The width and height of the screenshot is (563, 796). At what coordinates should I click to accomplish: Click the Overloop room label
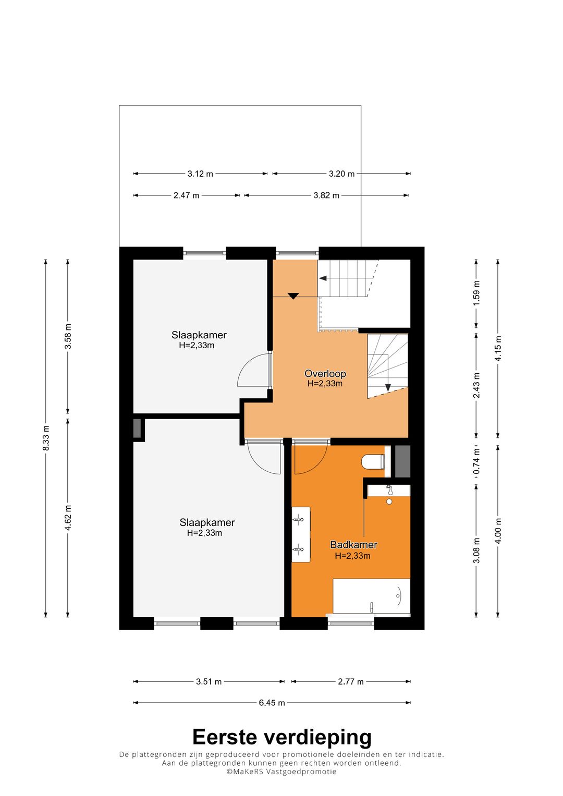(325, 373)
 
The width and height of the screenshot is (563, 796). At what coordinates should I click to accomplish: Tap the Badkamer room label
(353, 544)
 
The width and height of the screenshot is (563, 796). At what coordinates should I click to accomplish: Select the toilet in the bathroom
(373, 462)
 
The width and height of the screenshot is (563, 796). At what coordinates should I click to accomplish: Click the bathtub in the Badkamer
(371, 596)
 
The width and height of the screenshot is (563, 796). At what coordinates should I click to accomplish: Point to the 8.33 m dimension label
(46, 438)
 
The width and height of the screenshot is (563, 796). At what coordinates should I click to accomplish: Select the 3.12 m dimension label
(200, 174)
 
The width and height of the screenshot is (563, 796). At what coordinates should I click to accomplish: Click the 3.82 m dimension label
(326, 195)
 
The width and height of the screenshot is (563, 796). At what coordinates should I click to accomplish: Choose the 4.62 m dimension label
(68, 517)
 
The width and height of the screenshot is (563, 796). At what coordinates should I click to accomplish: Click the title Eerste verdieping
(282, 736)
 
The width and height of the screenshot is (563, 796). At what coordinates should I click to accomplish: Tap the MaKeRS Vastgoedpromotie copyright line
(281, 771)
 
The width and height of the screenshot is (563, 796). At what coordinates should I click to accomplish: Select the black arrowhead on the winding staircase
(388, 387)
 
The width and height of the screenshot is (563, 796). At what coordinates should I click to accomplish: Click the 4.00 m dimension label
(498, 531)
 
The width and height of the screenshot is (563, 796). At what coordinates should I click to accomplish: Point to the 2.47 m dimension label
(186, 195)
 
